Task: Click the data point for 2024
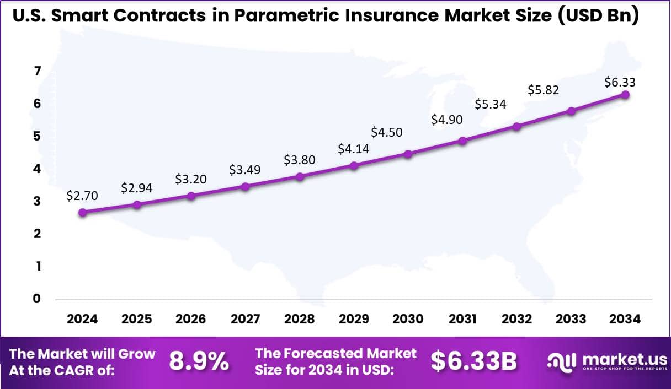pos(83,212)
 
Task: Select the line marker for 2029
pos(354,165)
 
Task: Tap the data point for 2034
pos(625,94)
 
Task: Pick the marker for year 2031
pos(462,141)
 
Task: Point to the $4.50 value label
pos(386,132)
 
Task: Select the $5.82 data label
pos(544,90)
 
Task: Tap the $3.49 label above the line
pos(244,170)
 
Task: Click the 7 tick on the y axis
pos(38,71)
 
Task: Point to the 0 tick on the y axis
pos(38,299)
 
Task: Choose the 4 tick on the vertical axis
pos(38,169)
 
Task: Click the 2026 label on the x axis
pos(191,319)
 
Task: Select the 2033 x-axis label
pos(571,319)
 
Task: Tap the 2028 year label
pos(300,319)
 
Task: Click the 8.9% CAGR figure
pos(199,361)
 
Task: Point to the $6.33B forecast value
pos(474,361)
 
